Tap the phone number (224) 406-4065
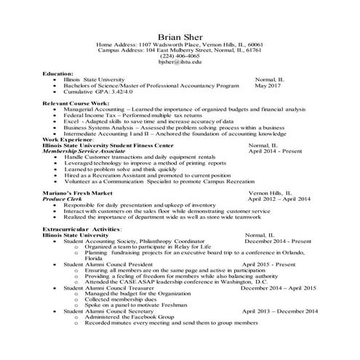[180, 57]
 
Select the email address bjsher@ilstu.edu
[180, 63]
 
